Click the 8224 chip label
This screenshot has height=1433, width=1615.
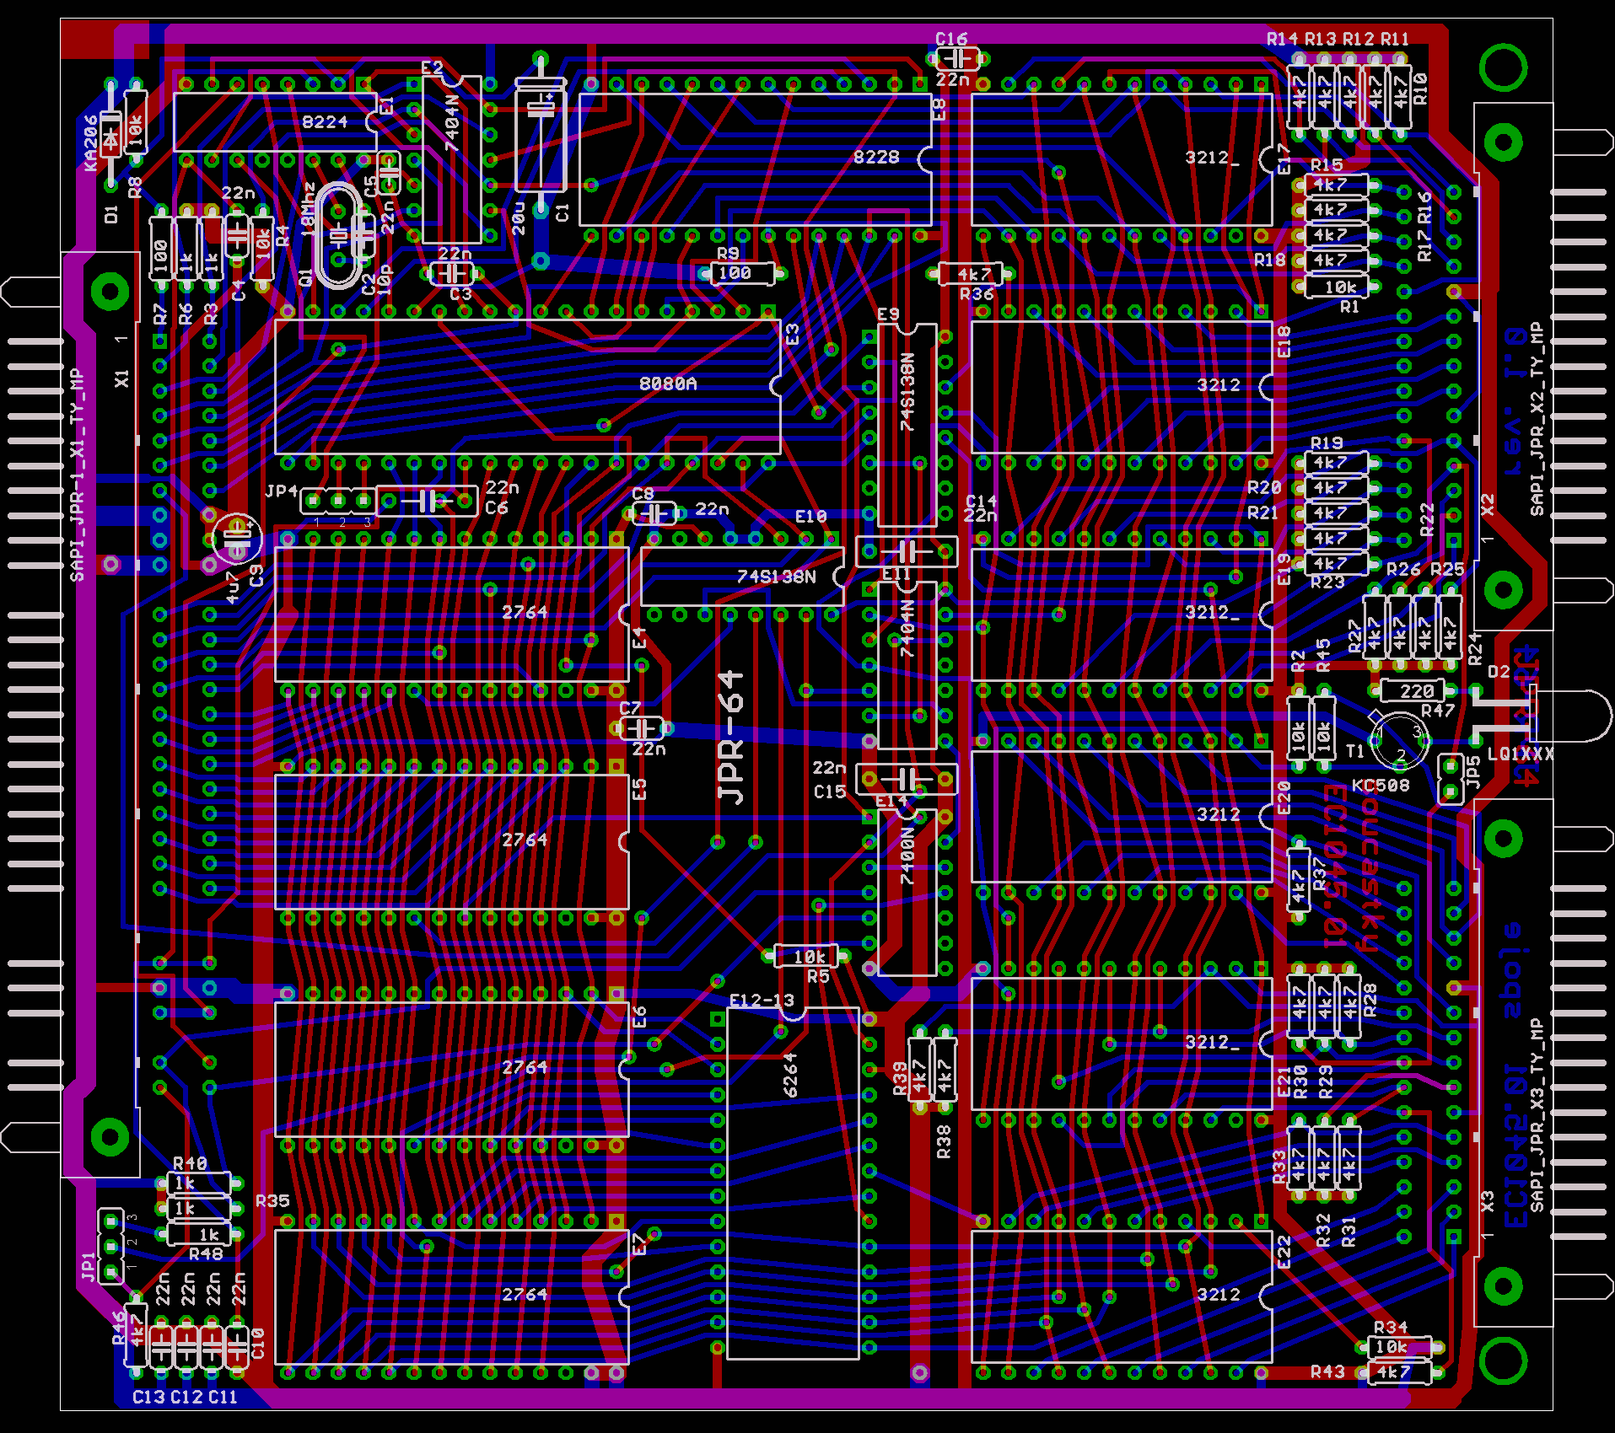[x=325, y=122]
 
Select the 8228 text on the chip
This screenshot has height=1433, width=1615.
[x=876, y=157]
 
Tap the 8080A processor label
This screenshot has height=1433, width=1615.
[x=668, y=384]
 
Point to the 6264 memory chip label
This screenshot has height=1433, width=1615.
[x=790, y=1075]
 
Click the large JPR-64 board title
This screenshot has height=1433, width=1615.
[x=731, y=738]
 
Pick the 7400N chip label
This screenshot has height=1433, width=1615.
[x=907, y=856]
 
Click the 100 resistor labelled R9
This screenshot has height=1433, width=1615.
[x=735, y=273]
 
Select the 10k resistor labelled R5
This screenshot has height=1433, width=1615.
[x=809, y=957]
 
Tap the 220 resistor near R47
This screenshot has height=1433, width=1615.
[x=1416, y=691]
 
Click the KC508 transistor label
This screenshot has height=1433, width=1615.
[x=1381, y=786]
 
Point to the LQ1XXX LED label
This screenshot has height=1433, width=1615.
[x=1520, y=754]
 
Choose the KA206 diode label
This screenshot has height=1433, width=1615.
[x=91, y=143]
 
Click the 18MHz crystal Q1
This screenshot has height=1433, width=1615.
[x=337, y=235]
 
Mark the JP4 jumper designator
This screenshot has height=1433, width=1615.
[x=282, y=491]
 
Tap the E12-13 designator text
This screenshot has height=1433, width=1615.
[x=762, y=1001]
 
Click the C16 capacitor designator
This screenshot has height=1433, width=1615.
[x=951, y=39]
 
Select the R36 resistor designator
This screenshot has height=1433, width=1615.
[x=977, y=294]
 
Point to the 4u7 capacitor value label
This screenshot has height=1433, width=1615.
[x=234, y=587]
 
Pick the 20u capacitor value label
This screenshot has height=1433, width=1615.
[x=519, y=218]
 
